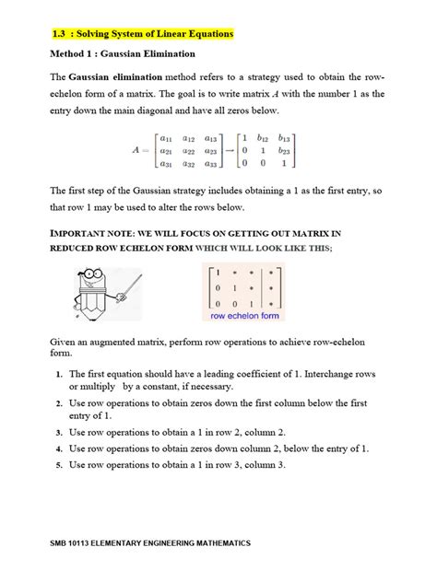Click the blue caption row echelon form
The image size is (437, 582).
[x=244, y=315]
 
